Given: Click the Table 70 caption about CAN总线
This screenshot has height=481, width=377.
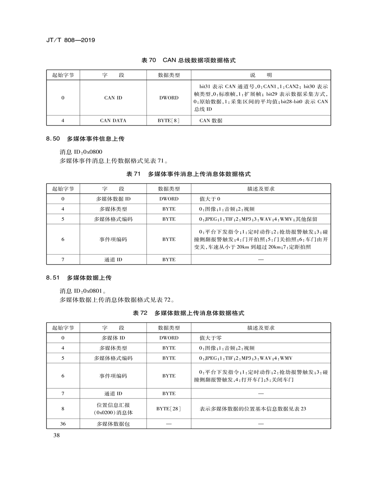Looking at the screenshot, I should [x=188, y=61].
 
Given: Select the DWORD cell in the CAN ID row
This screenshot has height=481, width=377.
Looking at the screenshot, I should [x=168, y=98].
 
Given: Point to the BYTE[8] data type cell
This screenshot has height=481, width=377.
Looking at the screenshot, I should [x=168, y=121].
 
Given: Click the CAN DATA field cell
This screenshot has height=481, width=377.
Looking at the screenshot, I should [x=113, y=121].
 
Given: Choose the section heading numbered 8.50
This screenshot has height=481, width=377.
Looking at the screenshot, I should [x=85, y=139].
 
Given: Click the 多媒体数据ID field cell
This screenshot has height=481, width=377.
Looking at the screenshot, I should [x=113, y=199].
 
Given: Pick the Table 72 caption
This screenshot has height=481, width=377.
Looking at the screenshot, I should [x=188, y=313].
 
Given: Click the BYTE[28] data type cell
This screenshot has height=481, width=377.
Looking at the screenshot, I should [x=168, y=409].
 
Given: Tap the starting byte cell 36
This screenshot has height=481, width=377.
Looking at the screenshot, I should [x=63, y=424].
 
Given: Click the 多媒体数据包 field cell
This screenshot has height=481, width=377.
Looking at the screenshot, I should [x=113, y=424].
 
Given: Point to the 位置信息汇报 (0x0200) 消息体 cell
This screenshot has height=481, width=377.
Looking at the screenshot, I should [x=113, y=409].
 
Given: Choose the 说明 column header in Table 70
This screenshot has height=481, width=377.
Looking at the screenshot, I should [x=261, y=75].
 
